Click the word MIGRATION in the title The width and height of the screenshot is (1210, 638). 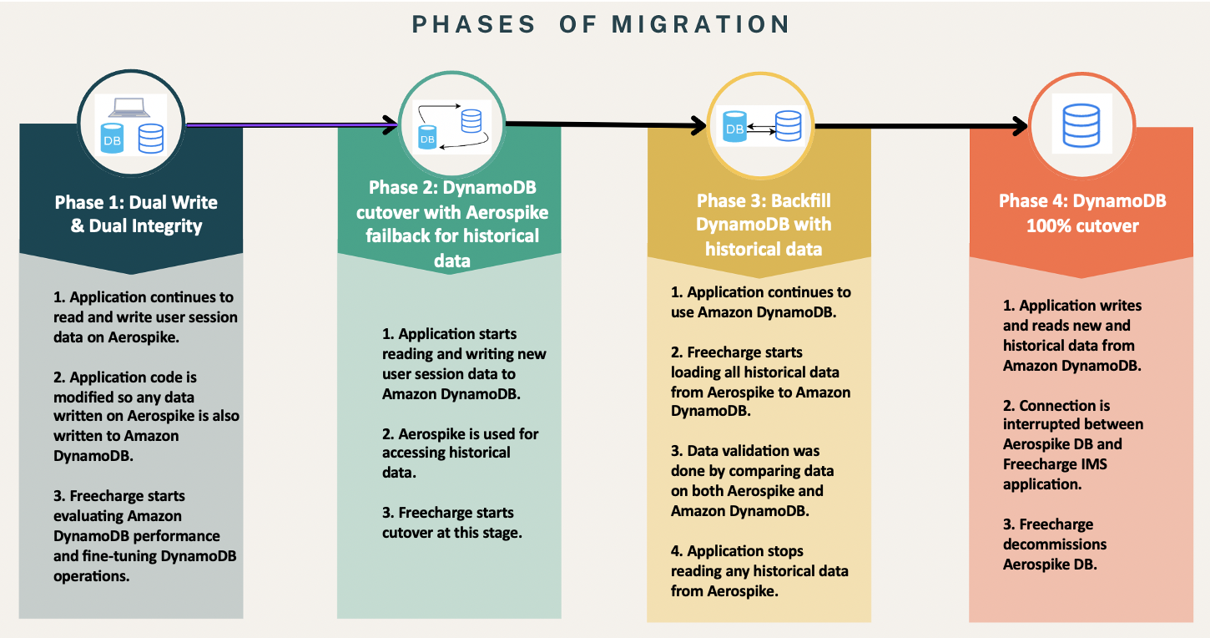(x=701, y=24)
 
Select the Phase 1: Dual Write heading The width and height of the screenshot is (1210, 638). (x=136, y=214)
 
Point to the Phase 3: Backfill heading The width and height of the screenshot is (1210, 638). (x=763, y=225)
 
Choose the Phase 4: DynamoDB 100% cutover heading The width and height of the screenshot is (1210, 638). (x=1082, y=213)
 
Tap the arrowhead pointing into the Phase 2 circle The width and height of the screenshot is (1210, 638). (x=390, y=125)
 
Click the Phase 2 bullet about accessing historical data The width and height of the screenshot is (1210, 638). (x=460, y=453)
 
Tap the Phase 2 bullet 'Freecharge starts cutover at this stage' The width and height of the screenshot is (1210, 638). (x=451, y=522)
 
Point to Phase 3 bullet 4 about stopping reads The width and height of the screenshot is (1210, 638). (x=759, y=570)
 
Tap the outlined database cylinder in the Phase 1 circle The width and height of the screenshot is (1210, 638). (x=151, y=138)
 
